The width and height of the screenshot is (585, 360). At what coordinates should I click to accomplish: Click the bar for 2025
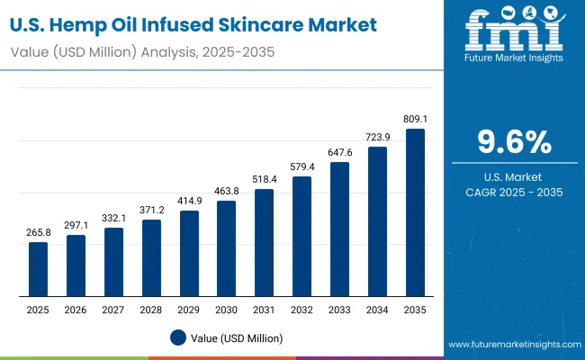pyautogui.click(x=38, y=269)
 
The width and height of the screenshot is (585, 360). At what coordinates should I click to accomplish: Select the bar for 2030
pyautogui.click(x=227, y=248)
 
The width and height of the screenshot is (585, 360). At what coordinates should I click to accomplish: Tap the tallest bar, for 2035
pyautogui.click(x=415, y=212)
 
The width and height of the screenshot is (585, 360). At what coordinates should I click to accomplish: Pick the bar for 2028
pyautogui.click(x=151, y=257)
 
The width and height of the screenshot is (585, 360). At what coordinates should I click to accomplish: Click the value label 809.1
pyautogui.click(x=415, y=117)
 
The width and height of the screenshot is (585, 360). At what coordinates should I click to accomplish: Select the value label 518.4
pyautogui.click(x=265, y=178)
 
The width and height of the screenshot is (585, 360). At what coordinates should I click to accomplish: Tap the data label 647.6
pyautogui.click(x=339, y=152)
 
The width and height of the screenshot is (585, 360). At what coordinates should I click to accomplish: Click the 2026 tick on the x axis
pyautogui.click(x=76, y=310)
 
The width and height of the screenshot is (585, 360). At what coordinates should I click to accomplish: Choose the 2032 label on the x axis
pyautogui.click(x=302, y=310)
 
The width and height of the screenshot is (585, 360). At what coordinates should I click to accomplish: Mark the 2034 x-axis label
pyautogui.click(x=377, y=310)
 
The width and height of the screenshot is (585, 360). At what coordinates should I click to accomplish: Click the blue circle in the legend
pyautogui.click(x=178, y=337)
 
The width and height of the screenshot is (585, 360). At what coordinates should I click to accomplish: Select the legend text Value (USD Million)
pyautogui.click(x=236, y=337)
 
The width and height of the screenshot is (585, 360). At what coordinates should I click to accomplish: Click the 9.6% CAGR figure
pyautogui.click(x=513, y=142)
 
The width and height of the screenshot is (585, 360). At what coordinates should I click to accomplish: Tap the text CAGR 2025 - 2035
pyautogui.click(x=513, y=192)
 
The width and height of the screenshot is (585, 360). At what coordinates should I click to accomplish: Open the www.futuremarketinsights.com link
pyautogui.click(x=512, y=345)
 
